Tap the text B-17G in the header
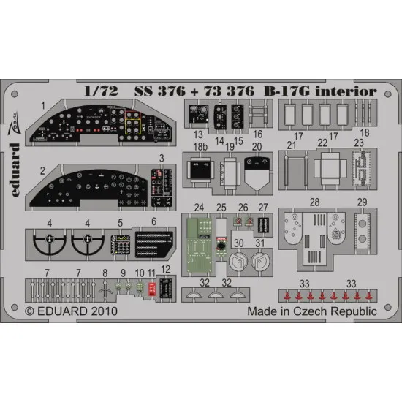point(288,91)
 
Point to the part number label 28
point(313,202)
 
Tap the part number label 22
point(322,146)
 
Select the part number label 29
point(360,202)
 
